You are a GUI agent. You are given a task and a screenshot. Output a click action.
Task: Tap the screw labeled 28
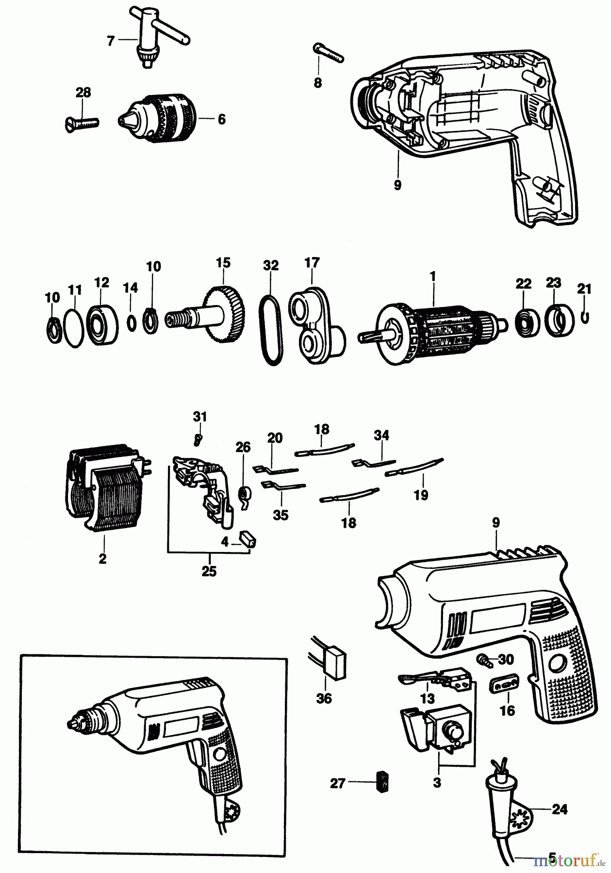pos(81,123)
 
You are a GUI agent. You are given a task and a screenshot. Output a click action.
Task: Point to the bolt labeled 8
pos(329,53)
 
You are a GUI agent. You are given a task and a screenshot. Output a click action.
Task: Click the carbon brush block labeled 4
pos(248,539)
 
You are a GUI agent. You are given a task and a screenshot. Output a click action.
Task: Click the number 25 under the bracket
pos(209,571)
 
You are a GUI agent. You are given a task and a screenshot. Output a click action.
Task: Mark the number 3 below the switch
pos(437,782)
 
